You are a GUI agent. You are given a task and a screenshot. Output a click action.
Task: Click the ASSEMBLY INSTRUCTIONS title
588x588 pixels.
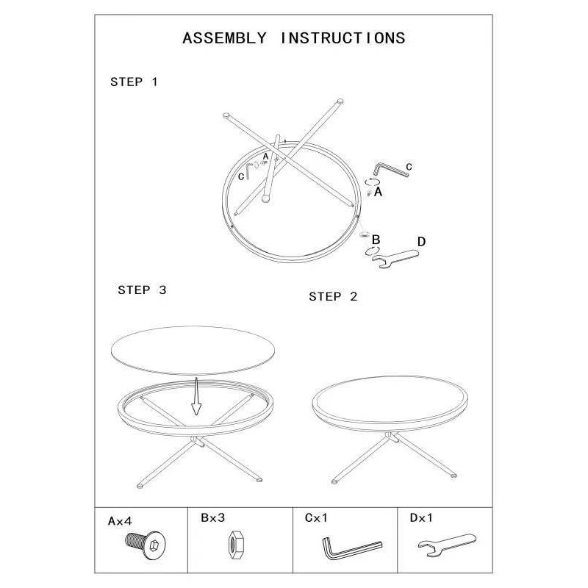coord(293,38)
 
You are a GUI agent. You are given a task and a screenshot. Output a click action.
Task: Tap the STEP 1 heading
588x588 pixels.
coord(134,82)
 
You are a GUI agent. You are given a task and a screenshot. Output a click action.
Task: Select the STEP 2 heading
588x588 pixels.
coord(333,297)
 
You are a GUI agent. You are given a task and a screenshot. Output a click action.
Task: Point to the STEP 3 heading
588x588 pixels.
coord(142,290)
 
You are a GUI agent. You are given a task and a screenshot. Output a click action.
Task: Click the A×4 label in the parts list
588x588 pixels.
coord(120,521)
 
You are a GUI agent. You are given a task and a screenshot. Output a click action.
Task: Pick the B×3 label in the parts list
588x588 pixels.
coord(212,517)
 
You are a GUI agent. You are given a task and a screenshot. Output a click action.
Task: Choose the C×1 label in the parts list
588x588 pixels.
coord(316,518)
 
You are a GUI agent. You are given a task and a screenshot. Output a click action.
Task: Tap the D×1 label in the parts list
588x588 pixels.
coord(421,518)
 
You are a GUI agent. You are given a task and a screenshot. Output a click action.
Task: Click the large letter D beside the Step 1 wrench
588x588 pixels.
coord(421,242)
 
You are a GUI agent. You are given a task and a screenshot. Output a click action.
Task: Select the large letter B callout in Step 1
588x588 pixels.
coord(376,240)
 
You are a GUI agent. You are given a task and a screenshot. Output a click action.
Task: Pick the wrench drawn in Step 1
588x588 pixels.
coord(395,258)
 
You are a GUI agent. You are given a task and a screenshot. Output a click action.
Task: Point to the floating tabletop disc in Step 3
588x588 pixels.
coord(193,350)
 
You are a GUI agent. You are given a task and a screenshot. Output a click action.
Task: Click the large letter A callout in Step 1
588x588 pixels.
coord(378,192)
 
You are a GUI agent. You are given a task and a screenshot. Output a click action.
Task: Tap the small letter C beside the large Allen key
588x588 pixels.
coord(409,167)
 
